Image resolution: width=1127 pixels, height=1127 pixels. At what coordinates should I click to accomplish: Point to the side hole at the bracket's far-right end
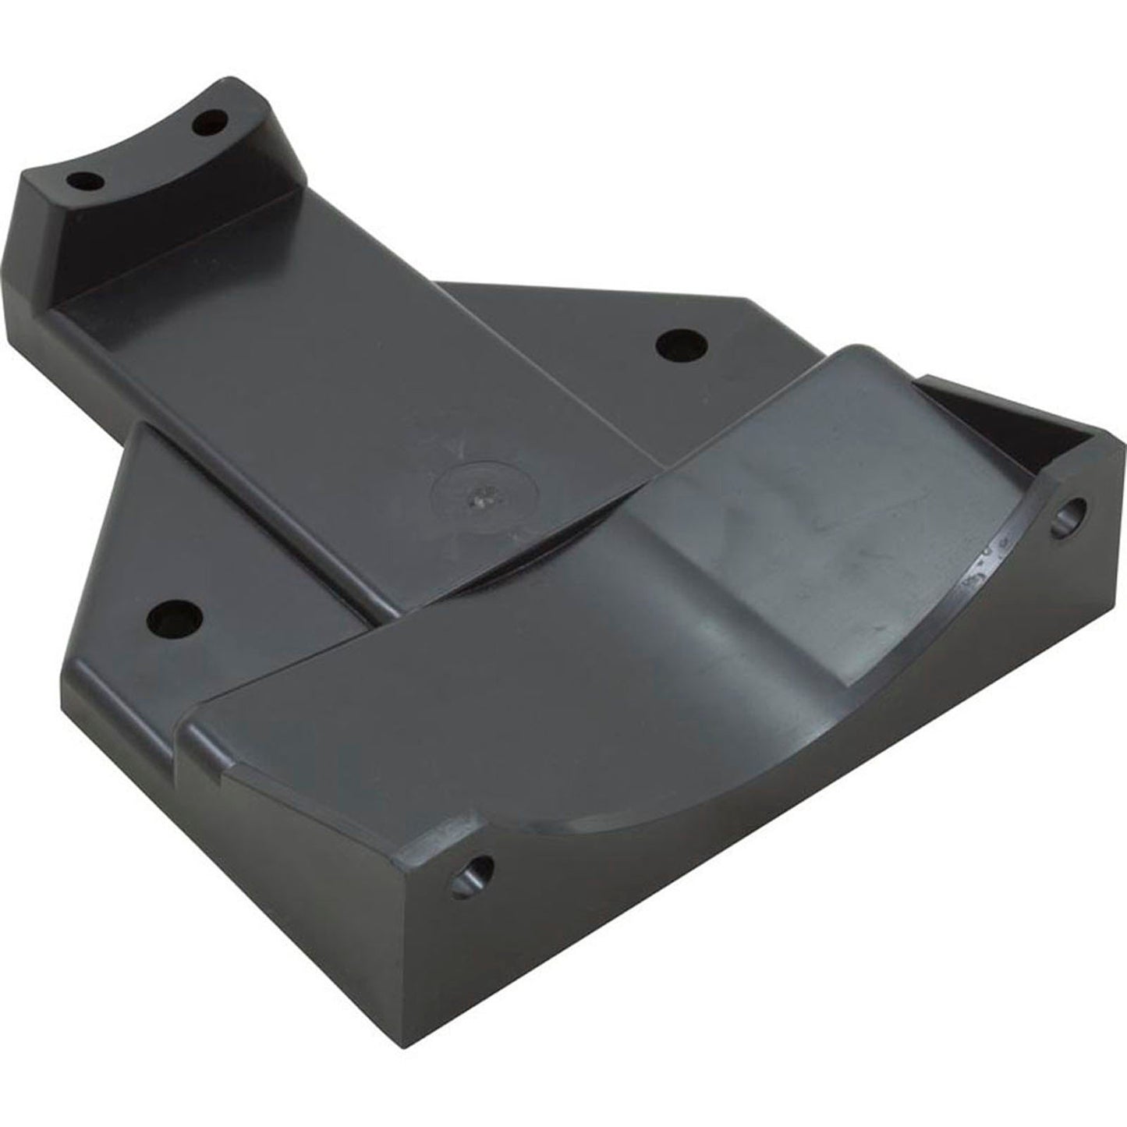coord(1070,516)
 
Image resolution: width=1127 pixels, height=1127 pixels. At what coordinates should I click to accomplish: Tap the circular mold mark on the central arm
coord(477,492)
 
